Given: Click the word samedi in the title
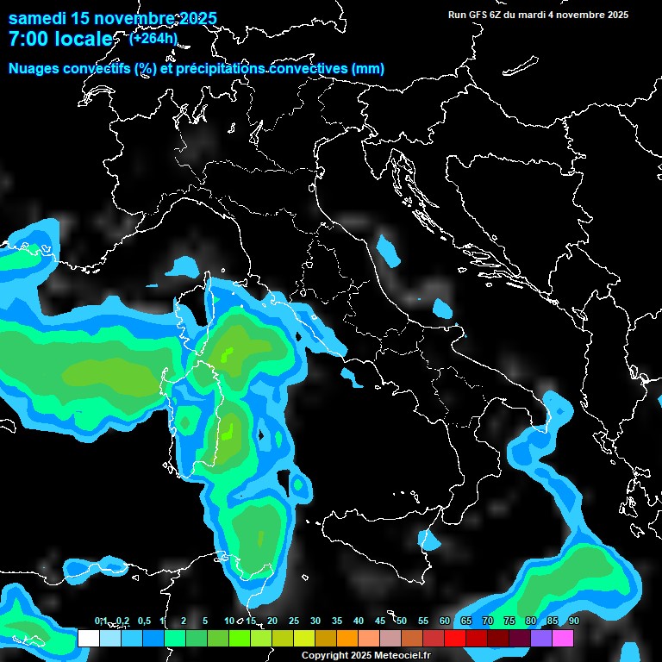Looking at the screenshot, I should pyautogui.click(x=38, y=18).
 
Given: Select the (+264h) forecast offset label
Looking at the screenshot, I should pyautogui.click(x=153, y=37).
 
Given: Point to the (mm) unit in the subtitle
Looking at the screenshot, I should pyautogui.click(x=369, y=68).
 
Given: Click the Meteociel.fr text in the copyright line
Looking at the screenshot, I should pyautogui.click(x=400, y=655).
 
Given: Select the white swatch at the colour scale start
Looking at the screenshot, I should pyautogui.click(x=89, y=638).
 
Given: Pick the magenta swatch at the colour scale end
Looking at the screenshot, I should pyautogui.click(x=563, y=638).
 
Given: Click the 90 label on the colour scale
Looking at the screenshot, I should pyautogui.click(x=573, y=621).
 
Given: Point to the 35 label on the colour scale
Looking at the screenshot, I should pyautogui.click(x=337, y=621).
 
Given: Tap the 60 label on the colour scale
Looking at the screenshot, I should pyautogui.click(x=445, y=621).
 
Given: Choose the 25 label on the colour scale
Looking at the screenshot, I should pyautogui.click(x=294, y=621).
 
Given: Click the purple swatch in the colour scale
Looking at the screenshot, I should pyautogui.click(x=541, y=638).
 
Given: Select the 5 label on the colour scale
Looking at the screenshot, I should pyautogui.click(x=204, y=621).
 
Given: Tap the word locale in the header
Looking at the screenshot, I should pyautogui.click(x=82, y=39).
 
